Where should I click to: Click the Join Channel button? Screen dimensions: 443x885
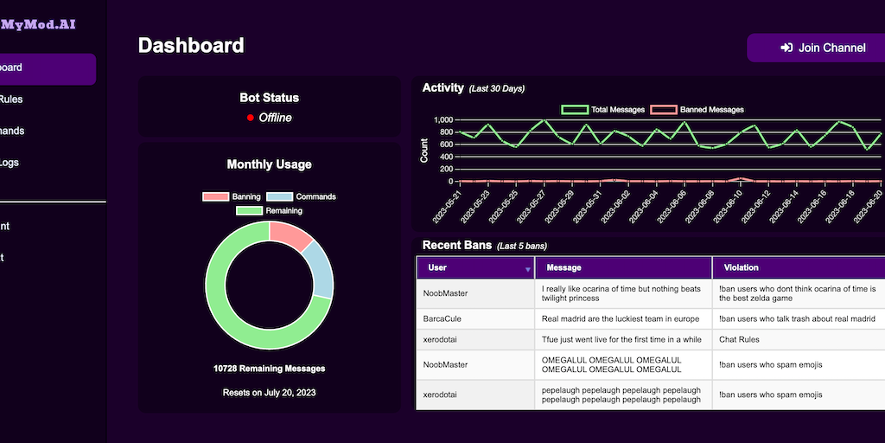tap(822, 48)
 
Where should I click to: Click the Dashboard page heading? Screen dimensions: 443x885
tap(191, 46)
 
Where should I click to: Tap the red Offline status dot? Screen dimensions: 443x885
tap(250, 118)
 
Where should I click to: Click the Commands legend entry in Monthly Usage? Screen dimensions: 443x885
tap(301, 196)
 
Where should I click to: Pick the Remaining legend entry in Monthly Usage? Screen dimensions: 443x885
tap(269, 210)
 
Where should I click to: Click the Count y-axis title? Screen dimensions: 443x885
tap(423, 151)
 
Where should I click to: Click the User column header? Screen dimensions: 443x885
tap(438, 267)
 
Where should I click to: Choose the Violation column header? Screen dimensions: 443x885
tap(741, 267)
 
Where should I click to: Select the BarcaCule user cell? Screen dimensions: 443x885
tap(442, 318)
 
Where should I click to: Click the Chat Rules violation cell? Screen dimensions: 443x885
tap(739, 339)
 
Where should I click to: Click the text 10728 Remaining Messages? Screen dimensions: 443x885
tap(269, 369)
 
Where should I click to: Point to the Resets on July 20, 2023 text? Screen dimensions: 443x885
tap(269, 393)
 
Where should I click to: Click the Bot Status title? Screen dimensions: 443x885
tap(269, 98)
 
